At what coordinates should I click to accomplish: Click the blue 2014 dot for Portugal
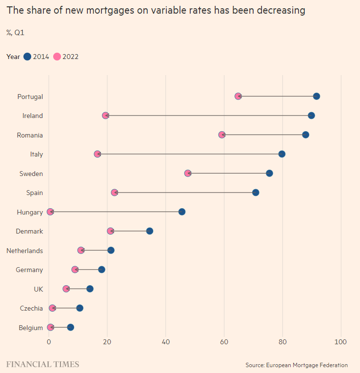coord(316,97)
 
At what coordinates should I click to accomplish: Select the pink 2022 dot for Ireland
coord(105,116)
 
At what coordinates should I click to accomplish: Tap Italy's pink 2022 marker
coord(97,154)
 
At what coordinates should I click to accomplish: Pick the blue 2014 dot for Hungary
coord(182,212)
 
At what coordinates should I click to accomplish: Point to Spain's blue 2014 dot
coord(256,193)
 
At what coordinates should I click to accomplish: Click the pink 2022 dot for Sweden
coord(188,173)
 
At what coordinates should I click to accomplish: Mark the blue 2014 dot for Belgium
coord(70,327)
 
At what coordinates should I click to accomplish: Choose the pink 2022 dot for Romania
coord(222,135)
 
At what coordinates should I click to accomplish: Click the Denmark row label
coord(29,231)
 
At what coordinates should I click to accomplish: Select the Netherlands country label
coord(25,251)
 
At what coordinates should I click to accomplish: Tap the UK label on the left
coord(39,289)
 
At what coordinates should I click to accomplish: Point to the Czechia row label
coord(31,308)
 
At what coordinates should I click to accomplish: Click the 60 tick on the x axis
coord(224,342)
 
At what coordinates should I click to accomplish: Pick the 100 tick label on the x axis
coord(340,342)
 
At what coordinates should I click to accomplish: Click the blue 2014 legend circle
coord(27,57)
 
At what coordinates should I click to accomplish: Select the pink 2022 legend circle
coord(57,57)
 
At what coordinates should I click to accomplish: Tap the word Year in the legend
coord(13,57)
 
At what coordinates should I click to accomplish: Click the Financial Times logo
coord(42,364)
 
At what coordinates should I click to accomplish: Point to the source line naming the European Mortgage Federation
coord(297,365)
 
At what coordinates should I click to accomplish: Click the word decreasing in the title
coord(281,10)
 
